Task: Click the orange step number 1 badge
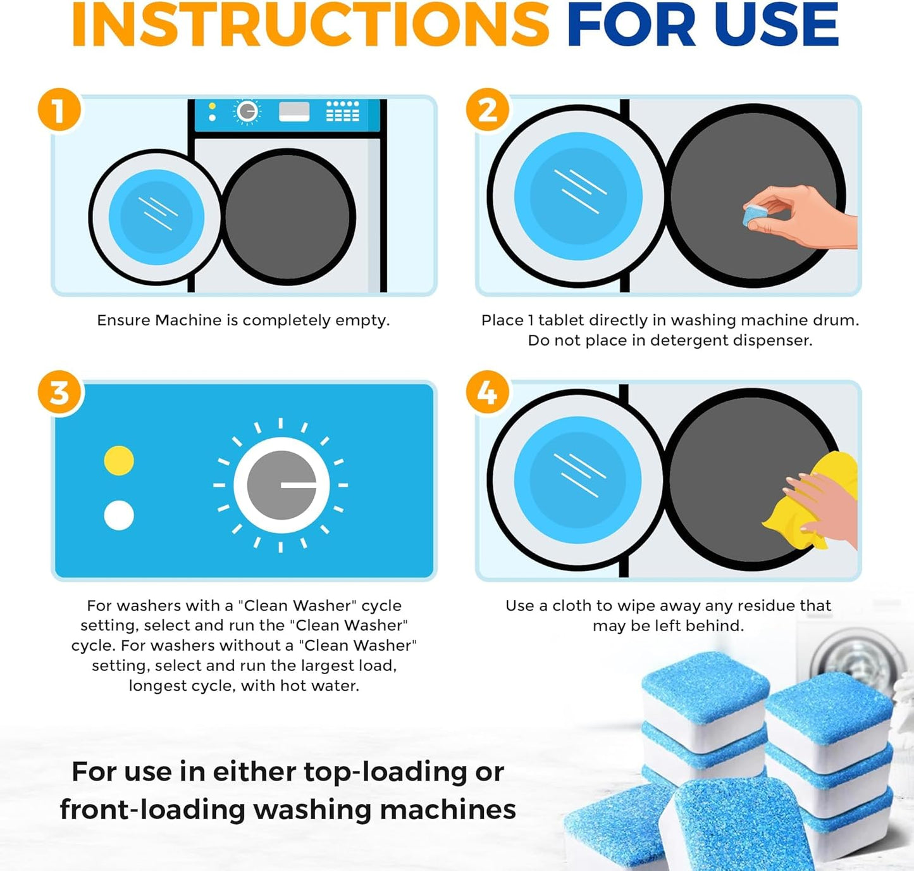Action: pos(59,110)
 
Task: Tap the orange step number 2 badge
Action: pos(488,110)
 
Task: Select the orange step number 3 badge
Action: pos(59,393)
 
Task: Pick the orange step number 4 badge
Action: pos(488,393)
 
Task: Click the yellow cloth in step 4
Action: pos(816,500)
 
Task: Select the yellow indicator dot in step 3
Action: pos(119,460)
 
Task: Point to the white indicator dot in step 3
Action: pos(119,515)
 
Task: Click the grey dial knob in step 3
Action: pos(281,485)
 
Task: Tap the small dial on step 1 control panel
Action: pos(247,112)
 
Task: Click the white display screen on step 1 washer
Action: pos(294,112)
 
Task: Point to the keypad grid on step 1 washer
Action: pos(342,111)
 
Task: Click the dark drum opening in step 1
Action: pos(288,216)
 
